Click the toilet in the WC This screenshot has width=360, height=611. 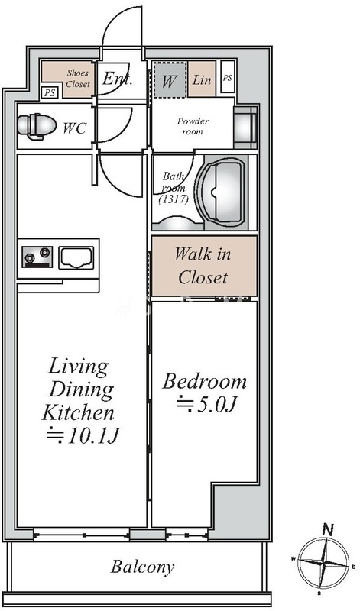point(37,126)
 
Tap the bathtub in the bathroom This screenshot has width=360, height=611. point(222,192)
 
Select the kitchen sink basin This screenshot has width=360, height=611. point(76,257)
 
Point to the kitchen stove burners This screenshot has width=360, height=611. point(37,257)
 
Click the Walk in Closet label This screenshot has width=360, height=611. point(203,266)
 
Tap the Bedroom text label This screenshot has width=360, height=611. point(205,381)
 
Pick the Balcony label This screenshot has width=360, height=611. point(142,567)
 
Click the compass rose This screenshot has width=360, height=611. point(323,564)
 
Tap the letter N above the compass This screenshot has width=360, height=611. point(328,529)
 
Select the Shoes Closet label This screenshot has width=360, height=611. point(78,78)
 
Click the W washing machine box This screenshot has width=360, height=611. point(169,79)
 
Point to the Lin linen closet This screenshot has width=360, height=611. point(202,79)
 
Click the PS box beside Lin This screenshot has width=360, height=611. point(228,77)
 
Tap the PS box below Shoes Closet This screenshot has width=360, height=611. point(50,92)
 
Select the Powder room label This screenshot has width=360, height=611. point(193,126)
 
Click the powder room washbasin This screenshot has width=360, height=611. point(245,127)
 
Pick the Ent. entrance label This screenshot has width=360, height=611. point(118,79)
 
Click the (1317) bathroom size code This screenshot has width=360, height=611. point(174,200)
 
